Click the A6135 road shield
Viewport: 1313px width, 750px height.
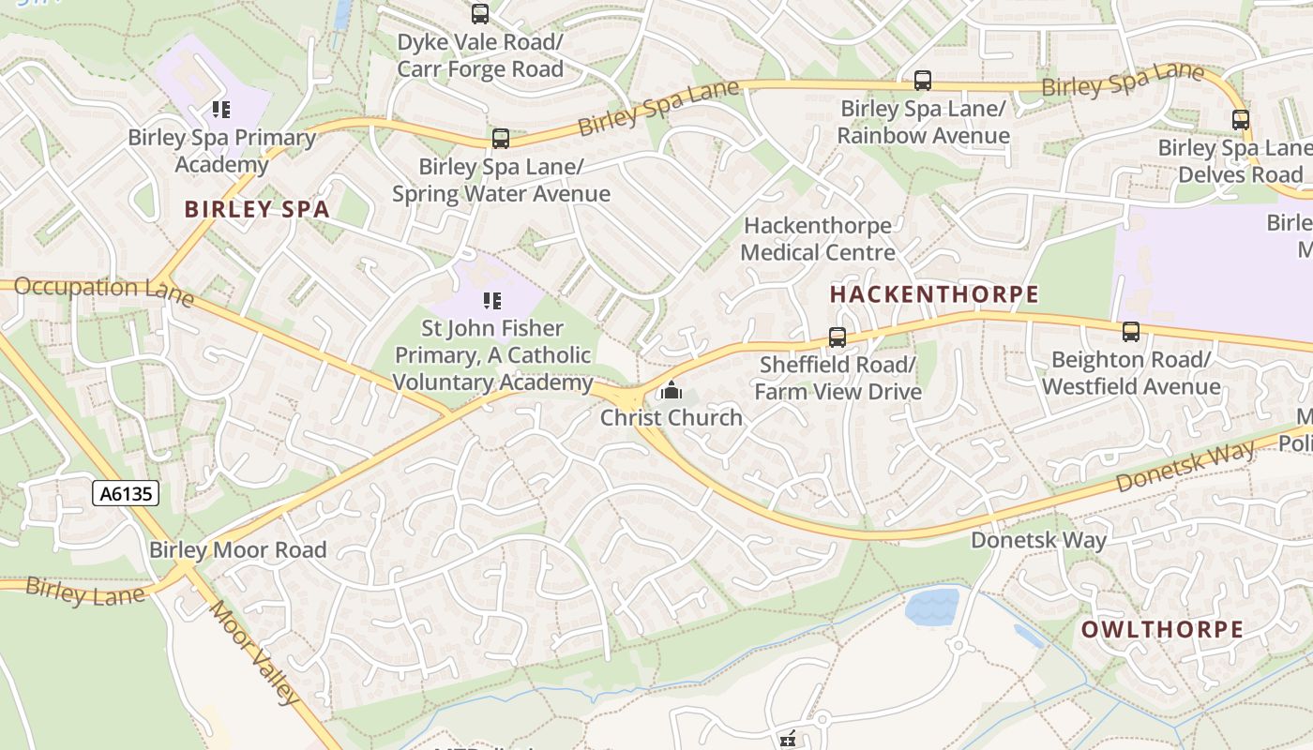[x=126, y=493]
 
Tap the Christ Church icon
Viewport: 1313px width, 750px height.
[x=671, y=390]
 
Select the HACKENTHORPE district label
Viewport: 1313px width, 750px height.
[x=934, y=294]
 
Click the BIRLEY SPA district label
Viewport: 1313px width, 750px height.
[x=257, y=209]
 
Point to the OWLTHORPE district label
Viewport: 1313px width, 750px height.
[x=1162, y=630]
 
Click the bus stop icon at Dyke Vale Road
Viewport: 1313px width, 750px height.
[x=480, y=14]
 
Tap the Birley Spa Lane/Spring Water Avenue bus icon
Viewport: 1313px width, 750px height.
[x=501, y=139]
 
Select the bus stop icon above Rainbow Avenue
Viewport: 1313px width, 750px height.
[x=923, y=81]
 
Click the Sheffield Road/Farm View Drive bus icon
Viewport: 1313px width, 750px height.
[x=838, y=337]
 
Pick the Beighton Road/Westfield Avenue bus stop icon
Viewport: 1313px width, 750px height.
[x=1131, y=332]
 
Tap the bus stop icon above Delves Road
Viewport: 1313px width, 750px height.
[x=1241, y=120]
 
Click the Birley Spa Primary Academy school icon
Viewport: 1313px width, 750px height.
[x=221, y=110]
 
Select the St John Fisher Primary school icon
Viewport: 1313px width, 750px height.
[x=492, y=301]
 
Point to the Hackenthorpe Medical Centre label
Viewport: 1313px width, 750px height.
[x=817, y=239]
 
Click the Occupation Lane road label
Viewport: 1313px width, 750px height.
[x=103, y=291]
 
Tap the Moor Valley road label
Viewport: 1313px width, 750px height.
[x=254, y=652]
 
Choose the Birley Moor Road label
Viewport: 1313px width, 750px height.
[x=238, y=550]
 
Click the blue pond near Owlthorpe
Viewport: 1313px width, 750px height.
[x=931, y=607]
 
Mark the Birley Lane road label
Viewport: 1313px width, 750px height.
[x=84, y=592]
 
